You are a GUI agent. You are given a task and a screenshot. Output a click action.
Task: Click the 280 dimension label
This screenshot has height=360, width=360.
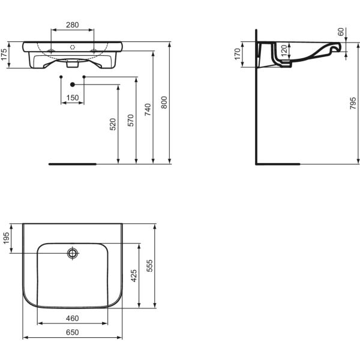pyautogui.click(x=73, y=25)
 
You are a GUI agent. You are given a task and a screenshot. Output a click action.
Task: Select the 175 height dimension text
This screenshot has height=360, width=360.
pyautogui.click(x=4, y=55)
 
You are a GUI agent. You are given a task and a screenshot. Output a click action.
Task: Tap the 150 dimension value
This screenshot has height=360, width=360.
pyautogui.click(x=73, y=98)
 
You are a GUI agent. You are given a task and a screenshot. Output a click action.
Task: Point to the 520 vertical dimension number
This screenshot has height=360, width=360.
pyautogui.click(x=113, y=124)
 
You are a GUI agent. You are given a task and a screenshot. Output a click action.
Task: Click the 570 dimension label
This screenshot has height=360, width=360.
pyautogui.click(x=131, y=121)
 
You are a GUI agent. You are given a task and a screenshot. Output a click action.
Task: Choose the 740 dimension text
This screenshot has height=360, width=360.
pyautogui.click(x=148, y=110)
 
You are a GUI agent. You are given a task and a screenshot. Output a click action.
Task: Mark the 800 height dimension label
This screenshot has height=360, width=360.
pyautogui.click(x=164, y=103)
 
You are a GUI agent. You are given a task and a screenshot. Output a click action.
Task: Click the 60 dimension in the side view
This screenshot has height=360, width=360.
pyautogui.click(x=341, y=32)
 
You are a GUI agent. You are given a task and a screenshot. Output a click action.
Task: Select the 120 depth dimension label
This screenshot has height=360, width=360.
pyautogui.click(x=284, y=50)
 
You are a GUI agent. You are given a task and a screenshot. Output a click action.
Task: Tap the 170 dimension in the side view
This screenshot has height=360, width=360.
pyautogui.click(x=238, y=54)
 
